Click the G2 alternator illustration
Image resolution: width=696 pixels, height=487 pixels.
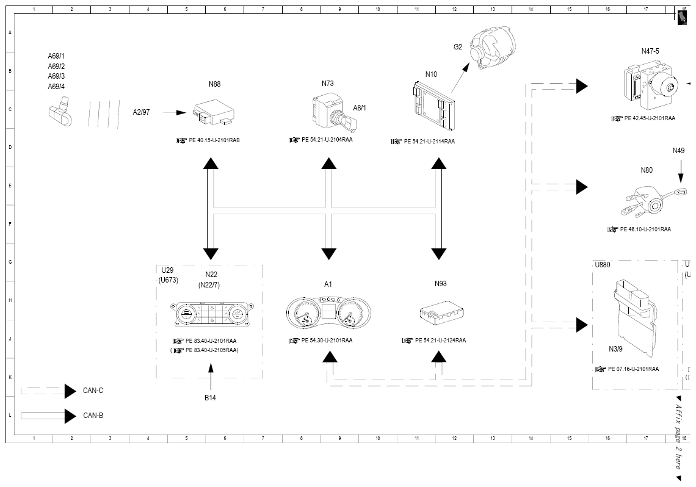click(493, 48)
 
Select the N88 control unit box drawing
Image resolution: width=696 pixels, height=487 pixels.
click(214, 112)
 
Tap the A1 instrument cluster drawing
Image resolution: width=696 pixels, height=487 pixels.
click(328, 312)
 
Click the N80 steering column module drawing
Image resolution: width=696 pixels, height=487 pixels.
click(655, 202)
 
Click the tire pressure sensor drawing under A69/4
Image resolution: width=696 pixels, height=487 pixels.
click(60, 113)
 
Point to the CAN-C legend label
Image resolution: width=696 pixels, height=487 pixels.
click(93, 391)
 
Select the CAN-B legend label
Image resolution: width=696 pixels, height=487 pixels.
click(93, 416)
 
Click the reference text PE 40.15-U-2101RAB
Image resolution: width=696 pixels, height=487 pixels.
click(214, 140)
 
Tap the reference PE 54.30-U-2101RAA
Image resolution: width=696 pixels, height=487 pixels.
click(327, 341)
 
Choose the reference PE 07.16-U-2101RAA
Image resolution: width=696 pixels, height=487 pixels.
click(633, 369)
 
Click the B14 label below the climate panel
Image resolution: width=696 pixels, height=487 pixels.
click(211, 398)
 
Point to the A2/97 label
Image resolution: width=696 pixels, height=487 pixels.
click(142, 112)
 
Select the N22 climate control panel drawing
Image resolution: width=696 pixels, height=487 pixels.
click(212, 314)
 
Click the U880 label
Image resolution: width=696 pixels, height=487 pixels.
click(603, 265)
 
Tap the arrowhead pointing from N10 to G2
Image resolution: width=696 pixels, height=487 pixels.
click(465, 67)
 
